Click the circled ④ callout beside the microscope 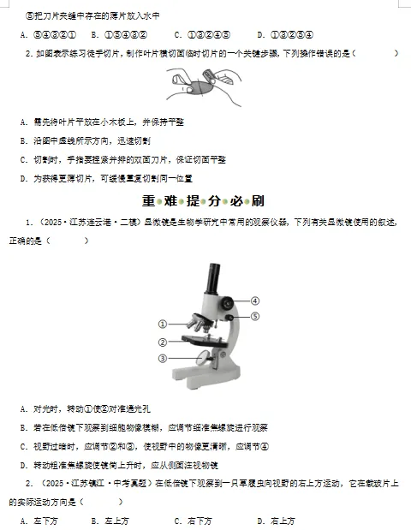click(254, 300)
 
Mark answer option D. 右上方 click(275, 521)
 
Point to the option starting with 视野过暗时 click(146, 447)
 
